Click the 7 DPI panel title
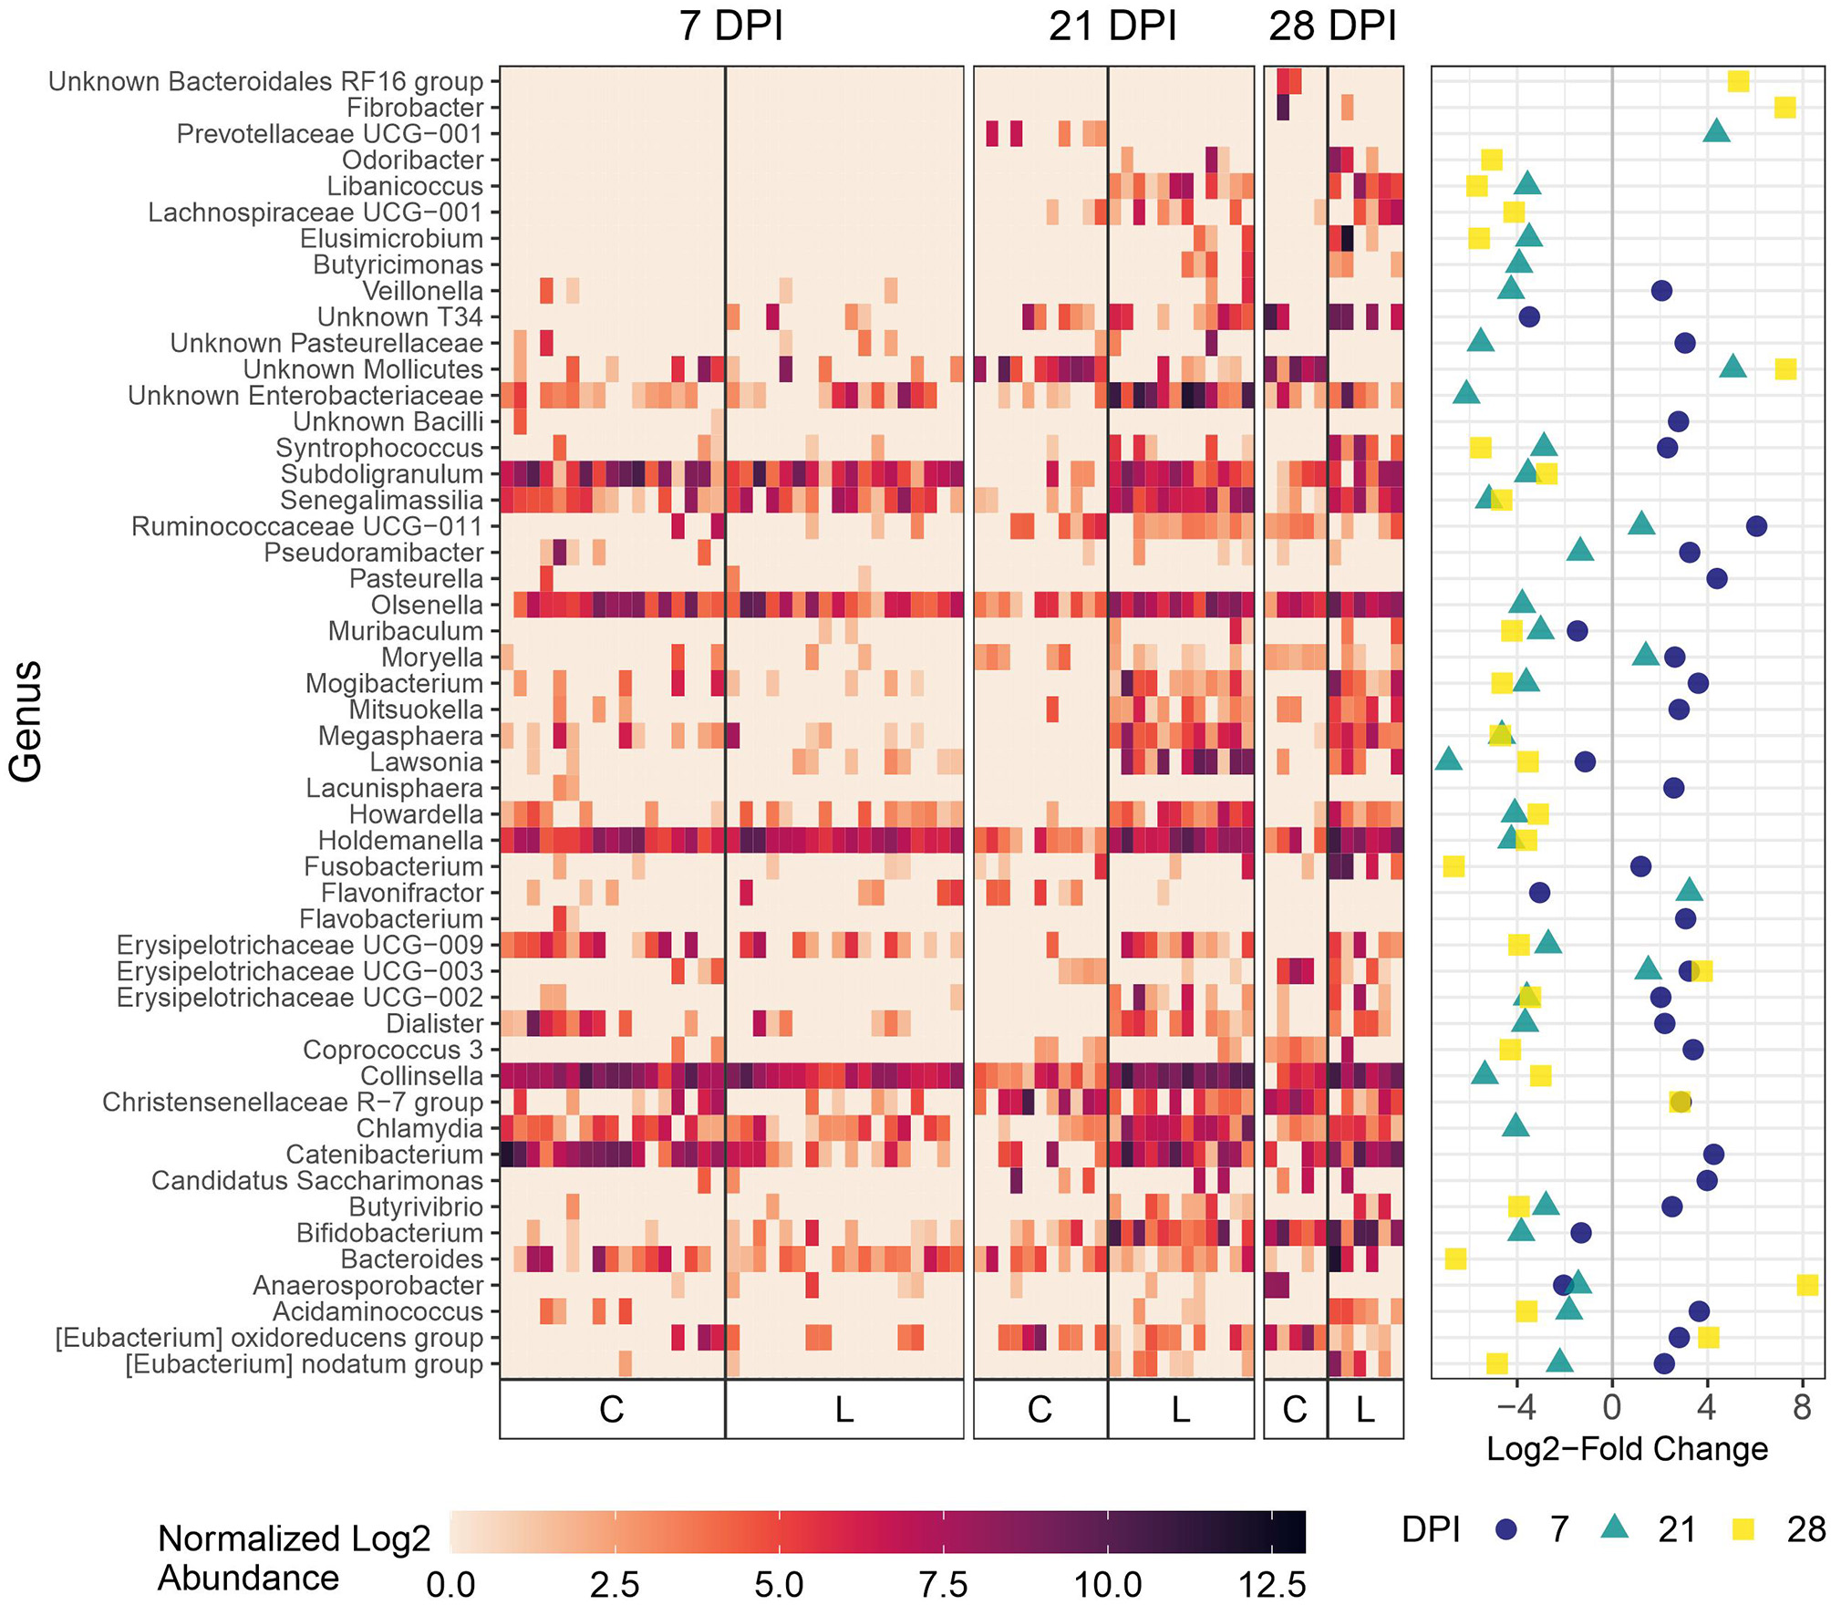(730, 26)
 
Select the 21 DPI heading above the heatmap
(1112, 26)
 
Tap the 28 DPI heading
(1332, 26)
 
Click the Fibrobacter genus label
(415, 108)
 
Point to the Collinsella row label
(421, 1076)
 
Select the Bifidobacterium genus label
(389, 1233)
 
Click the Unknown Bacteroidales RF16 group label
(265, 81)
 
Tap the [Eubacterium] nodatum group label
(304, 1364)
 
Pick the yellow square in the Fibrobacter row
(1784, 108)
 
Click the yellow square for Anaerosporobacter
(1807, 1285)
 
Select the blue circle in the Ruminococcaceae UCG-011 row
(1756, 526)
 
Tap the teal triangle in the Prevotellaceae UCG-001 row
(1716, 132)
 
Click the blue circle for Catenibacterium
(1713, 1155)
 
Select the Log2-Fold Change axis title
(1627, 1449)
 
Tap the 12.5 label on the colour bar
(1272, 1585)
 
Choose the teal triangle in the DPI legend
(1615, 1528)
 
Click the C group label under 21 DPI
(1040, 1410)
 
